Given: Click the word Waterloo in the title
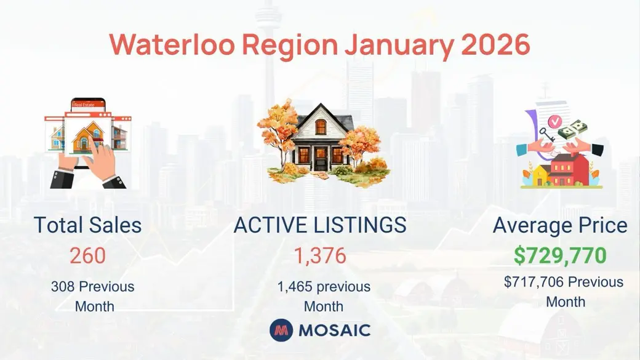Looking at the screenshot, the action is (172, 44).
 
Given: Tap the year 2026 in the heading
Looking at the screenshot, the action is (495, 44).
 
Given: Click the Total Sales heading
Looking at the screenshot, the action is (88, 225).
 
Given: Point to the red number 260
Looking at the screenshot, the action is (88, 256).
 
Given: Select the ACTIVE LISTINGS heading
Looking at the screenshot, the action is (320, 225).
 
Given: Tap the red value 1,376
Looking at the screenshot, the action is (321, 256).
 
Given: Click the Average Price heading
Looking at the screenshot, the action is (560, 226).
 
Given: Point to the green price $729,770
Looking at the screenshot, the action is (560, 255).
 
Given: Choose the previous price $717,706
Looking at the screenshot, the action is (534, 282).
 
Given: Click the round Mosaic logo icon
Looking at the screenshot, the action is (281, 330).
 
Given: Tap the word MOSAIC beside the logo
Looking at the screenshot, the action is (335, 330).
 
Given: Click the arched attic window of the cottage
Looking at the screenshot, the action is (321, 127).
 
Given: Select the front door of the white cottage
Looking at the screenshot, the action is (321, 159).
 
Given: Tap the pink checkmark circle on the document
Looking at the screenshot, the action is (554, 121).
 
